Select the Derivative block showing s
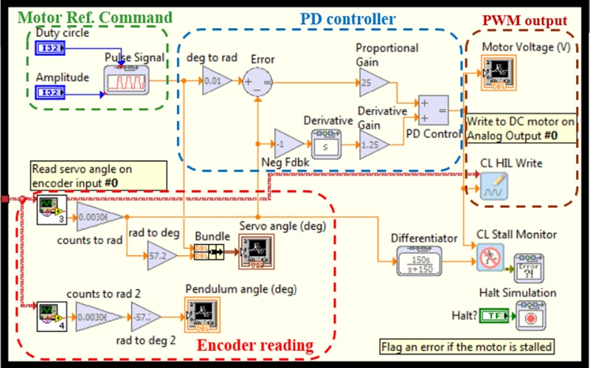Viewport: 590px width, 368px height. pos(325,144)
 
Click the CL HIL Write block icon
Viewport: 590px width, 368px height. pos(493,186)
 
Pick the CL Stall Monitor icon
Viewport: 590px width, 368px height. pos(487,260)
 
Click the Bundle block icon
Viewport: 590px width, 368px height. pos(209,251)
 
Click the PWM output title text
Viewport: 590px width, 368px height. pos(524,23)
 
